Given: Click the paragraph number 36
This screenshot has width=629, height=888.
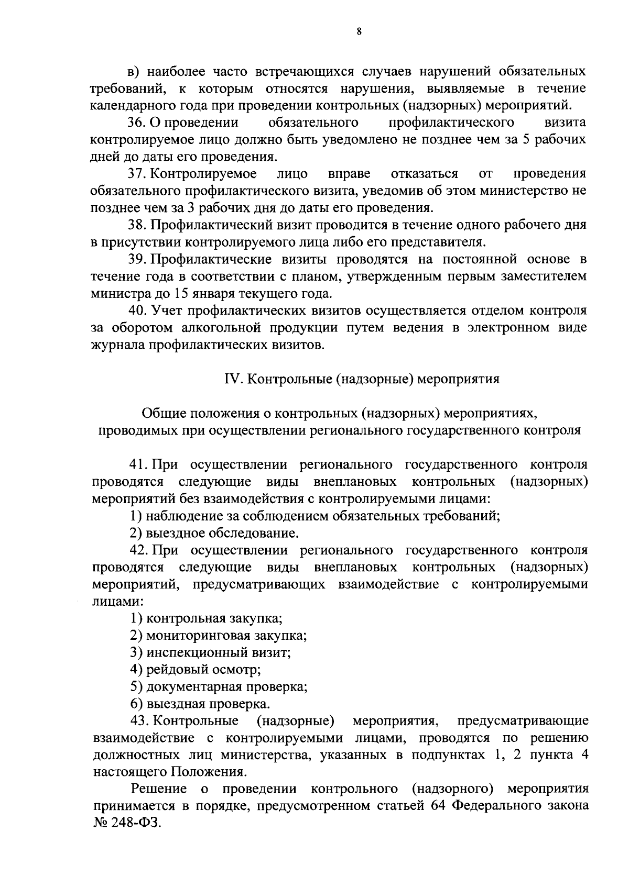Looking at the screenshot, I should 137,123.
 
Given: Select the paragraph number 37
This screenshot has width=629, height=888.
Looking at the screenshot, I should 137,173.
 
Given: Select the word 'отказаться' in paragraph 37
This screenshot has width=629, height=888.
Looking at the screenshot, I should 425,173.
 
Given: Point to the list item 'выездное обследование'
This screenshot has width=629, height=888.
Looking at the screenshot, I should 222,534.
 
